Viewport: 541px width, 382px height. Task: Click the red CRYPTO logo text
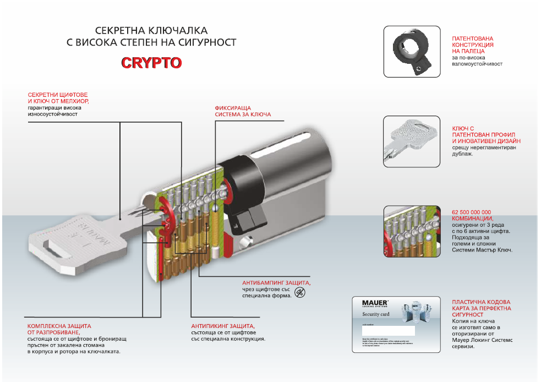[x=151, y=63]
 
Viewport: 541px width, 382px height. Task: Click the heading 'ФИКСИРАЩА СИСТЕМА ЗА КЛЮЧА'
[x=243, y=111]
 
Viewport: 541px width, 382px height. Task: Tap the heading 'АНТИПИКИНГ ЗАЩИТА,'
[x=223, y=326]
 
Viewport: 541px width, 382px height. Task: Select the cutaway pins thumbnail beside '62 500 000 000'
[x=412, y=231]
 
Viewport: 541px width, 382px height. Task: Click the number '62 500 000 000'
[x=471, y=212]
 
